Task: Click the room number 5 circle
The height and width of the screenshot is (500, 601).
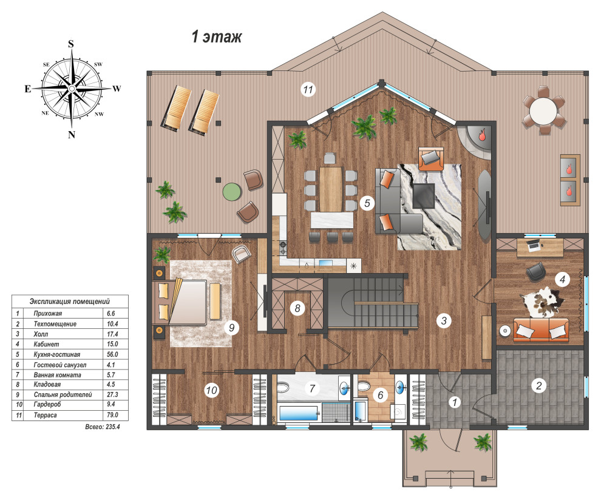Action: pos(367,203)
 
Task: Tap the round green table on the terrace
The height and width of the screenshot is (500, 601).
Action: pos(231,191)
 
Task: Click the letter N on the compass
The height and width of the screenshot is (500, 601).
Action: pos(71,135)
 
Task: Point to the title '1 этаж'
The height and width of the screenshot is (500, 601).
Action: pos(217,37)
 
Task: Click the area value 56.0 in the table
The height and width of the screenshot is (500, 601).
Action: pos(112,354)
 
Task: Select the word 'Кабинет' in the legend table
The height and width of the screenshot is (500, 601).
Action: pos(46,344)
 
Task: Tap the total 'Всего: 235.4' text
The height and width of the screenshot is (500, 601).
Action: pos(103,427)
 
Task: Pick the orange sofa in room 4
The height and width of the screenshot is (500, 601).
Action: pos(541,329)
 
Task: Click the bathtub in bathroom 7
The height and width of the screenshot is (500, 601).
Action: pos(299,413)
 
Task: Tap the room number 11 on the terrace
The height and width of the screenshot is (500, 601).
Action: pos(308,90)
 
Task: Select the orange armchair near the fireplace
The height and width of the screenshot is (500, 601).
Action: pos(431,158)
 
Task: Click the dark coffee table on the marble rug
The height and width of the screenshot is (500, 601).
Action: pos(424,195)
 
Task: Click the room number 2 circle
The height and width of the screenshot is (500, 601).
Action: pos(538,385)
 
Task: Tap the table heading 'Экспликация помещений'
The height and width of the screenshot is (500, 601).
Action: pos(70,301)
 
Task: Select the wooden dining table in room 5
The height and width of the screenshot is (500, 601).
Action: pos(330,189)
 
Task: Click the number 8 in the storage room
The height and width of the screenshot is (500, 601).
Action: pos(297,308)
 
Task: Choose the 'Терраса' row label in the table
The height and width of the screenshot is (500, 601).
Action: pos(46,415)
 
